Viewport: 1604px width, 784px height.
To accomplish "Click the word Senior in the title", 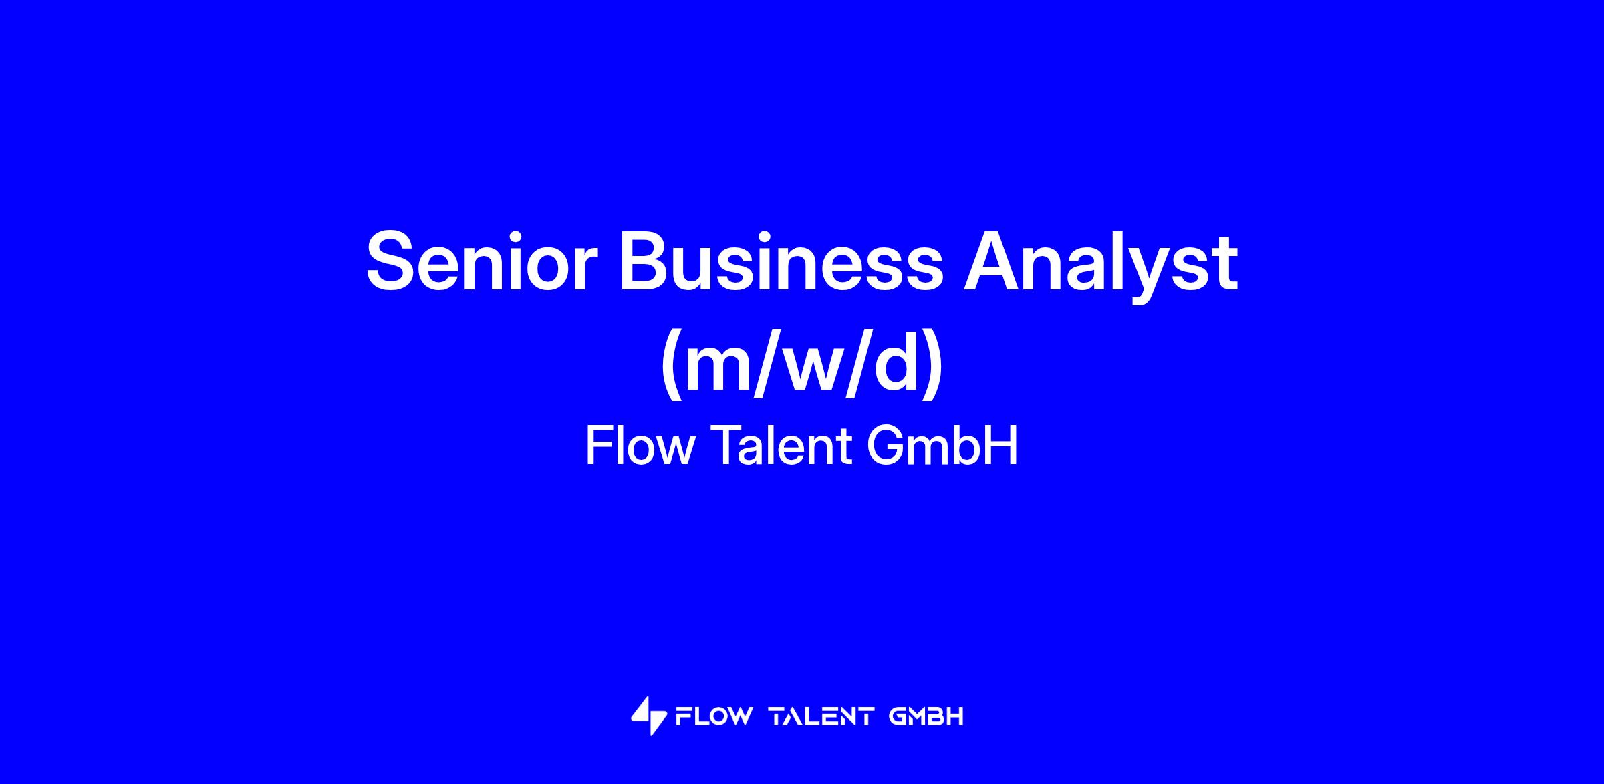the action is tap(481, 261).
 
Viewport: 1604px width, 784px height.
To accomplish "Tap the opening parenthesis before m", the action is tap(671, 366).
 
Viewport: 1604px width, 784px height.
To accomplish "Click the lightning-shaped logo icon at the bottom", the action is tap(649, 716).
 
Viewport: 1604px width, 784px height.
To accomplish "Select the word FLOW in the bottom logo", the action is tap(714, 717).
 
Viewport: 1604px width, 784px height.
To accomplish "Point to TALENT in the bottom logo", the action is tap(821, 717).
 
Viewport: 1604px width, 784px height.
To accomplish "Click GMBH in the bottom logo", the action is tap(926, 717).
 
